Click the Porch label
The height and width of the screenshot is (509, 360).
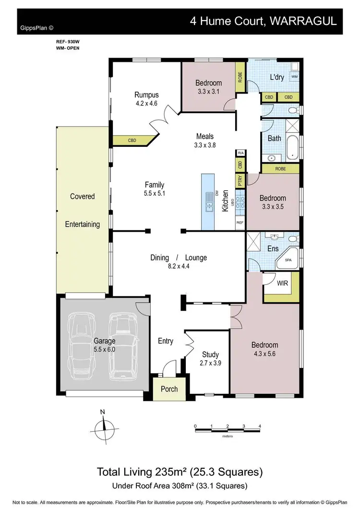pyautogui.click(x=169, y=389)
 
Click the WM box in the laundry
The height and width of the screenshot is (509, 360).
pyautogui.click(x=294, y=76)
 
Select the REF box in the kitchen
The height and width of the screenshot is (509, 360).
pyautogui.click(x=240, y=223)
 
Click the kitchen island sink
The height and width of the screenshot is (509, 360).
pyautogui.click(x=209, y=201)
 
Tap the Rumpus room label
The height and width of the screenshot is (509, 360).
pyautogui.click(x=146, y=95)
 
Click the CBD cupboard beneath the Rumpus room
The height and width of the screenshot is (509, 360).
pyautogui.click(x=132, y=141)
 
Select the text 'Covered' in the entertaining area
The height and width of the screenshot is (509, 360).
pyautogui.click(x=82, y=196)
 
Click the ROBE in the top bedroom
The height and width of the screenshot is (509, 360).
pyautogui.click(x=240, y=77)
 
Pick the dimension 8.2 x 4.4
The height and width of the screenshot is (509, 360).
pyautogui.click(x=178, y=267)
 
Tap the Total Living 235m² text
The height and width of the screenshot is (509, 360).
pyautogui.click(x=180, y=472)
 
